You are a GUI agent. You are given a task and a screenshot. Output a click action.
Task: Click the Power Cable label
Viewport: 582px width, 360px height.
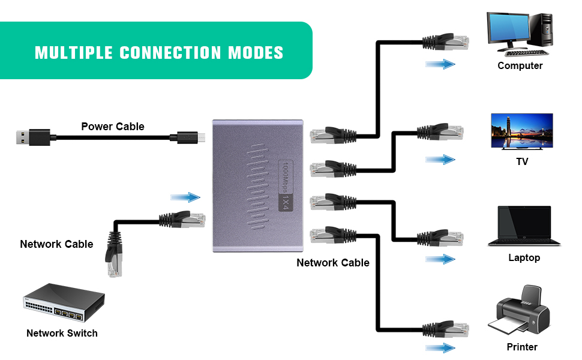113,126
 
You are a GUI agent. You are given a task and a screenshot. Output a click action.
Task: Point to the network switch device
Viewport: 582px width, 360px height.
64,304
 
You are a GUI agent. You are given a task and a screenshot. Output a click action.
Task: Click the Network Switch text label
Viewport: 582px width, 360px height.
62,333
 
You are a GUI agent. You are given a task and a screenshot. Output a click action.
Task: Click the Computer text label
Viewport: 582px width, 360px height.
520,66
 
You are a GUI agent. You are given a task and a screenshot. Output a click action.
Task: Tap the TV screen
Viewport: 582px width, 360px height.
522,131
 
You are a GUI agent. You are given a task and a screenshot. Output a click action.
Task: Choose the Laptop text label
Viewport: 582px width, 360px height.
524,257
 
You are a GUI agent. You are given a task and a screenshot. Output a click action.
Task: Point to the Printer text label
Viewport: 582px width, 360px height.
522,347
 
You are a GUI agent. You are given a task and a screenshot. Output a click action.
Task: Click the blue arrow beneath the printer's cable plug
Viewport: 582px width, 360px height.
440,347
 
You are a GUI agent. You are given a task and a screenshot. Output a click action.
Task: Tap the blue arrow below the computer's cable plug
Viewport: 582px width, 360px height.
440,64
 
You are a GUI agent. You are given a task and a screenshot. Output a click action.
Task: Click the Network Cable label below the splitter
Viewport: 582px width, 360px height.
333,263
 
